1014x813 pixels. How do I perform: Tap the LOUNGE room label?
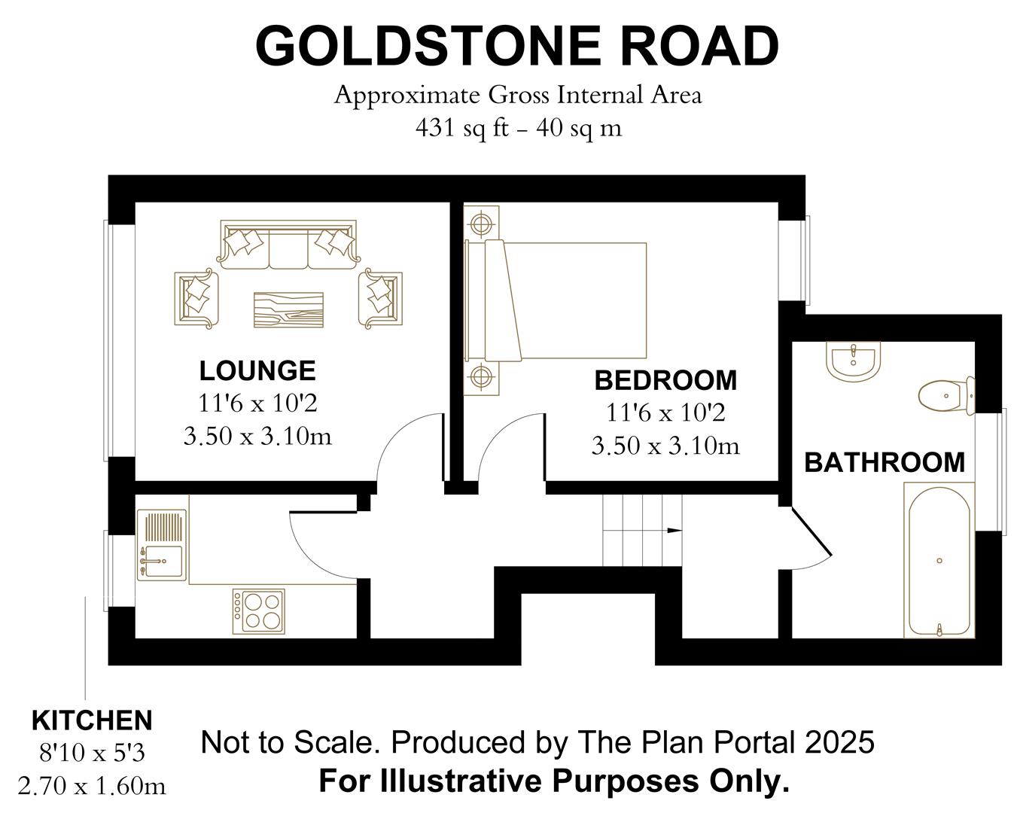pyautogui.click(x=257, y=370)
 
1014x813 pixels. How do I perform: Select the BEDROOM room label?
pyautogui.click(x=665, y=380)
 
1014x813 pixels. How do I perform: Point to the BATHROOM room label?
pyautogui.click(x=885, y=461)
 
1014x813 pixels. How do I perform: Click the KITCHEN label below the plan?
pyautogui.click(x=92, y=720)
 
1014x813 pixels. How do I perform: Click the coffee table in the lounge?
pyautogui.click(x=288, y=309)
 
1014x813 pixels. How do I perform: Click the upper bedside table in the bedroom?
pyautogui.click(x=480, y=224)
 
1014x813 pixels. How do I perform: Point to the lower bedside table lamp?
pyautogui.click(x=480, y=375)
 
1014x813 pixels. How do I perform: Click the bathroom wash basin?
pyautogui.click(x=853, y=361)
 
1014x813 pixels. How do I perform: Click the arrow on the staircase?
pyautogui.click(x=674, y=531)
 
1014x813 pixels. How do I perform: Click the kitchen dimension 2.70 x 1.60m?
pyautogui.click(x=92, y=786)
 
